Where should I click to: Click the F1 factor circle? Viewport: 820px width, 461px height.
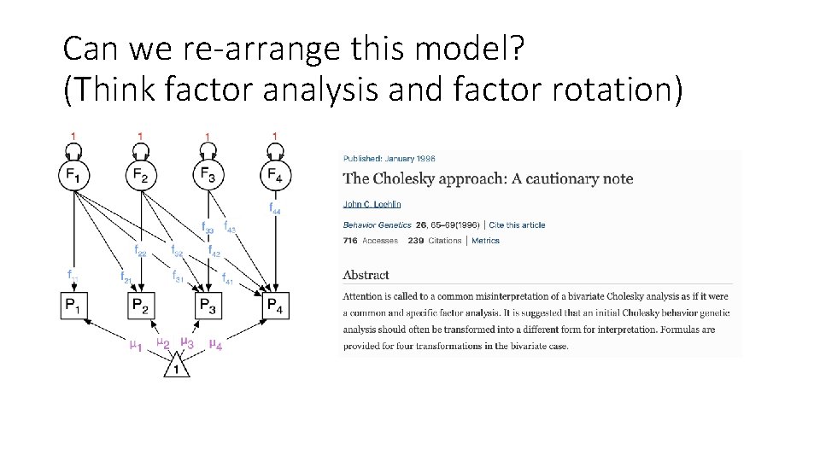click(x=73, y=176)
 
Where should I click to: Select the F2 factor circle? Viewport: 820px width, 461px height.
click(x=140, y=176)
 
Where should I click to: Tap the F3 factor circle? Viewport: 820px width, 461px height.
click(x=207, y=176)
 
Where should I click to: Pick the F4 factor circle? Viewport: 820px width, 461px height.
click(x=273, y=176)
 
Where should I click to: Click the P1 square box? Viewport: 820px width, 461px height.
click(x=73, y=305)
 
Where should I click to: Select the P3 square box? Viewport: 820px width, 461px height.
click(x=207, y=305)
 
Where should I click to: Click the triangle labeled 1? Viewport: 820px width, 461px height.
click(x=177, y=368)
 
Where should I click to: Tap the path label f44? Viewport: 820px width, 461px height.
click(x=275, y=207)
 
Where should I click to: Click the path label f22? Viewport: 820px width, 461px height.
click(x=141, y=252)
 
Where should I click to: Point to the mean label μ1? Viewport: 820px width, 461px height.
click(x=134, y=346)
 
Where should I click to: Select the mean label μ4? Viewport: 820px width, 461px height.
click(x=216, y=346)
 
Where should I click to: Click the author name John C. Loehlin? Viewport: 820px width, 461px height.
click(x=372, y=204)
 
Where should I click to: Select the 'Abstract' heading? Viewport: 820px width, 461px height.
click(x=366, y=275)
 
